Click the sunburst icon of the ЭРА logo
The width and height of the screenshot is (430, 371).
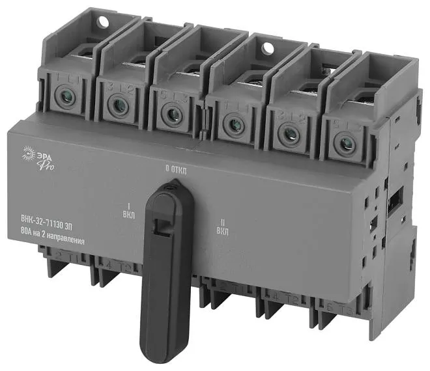coord(28,152)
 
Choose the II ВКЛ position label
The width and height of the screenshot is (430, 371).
coord(222,228)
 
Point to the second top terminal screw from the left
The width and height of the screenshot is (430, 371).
coord(117,105)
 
